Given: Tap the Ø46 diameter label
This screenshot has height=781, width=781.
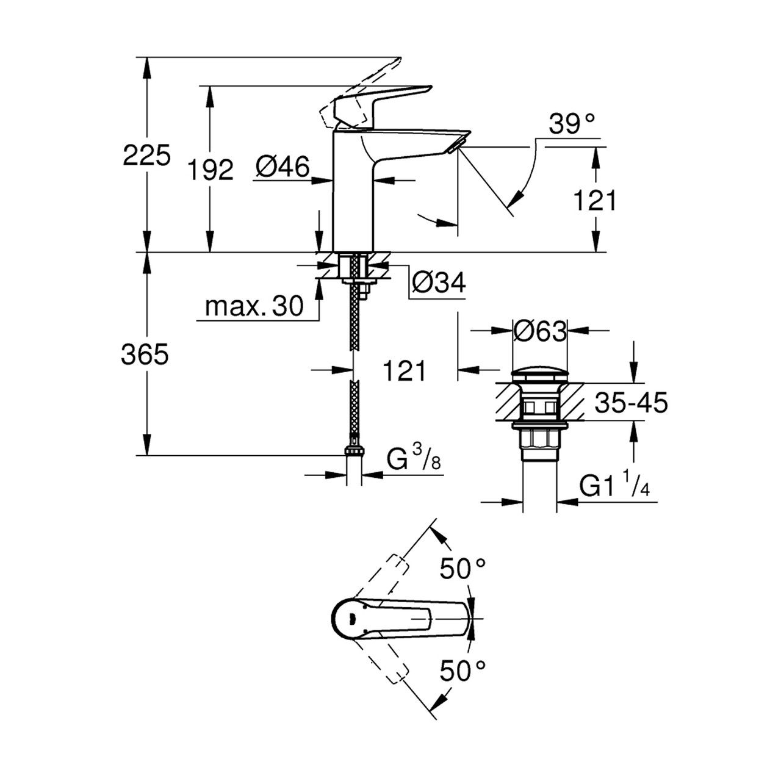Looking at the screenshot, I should (x=283, y=167).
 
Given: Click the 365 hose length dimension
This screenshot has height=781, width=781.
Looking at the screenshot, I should (x=145, y=354).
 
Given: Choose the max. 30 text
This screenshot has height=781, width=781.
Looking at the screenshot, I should (x=254, y=307).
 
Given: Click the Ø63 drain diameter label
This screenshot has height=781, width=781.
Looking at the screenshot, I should (x=540, y=331).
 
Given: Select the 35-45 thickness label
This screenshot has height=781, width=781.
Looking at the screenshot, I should (x=630, y=403).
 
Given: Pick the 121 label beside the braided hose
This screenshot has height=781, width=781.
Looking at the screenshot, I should (x=403, y=370).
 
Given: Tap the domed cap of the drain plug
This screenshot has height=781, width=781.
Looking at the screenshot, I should (x=539, y=374).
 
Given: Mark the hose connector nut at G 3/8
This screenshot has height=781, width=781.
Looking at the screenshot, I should (x=354, y=451).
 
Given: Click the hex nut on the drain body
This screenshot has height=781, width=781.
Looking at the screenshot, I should (x=539, y=439).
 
